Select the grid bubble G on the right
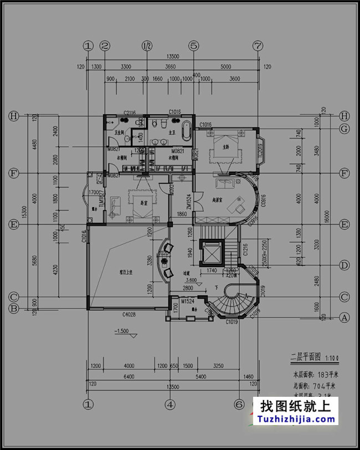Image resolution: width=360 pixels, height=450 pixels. (x=344, y=129)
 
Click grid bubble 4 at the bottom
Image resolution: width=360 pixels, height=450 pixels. (x=170, y=404)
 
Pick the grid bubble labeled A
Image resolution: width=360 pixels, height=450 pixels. (x=344, y=318)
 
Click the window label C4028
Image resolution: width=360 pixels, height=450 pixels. (x=128, y=315)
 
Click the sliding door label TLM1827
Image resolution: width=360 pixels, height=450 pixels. (x=101, y=198)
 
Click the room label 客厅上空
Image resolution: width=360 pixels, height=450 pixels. (x=127, y=273)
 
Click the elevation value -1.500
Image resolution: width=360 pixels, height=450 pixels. (x=122, y=331)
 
